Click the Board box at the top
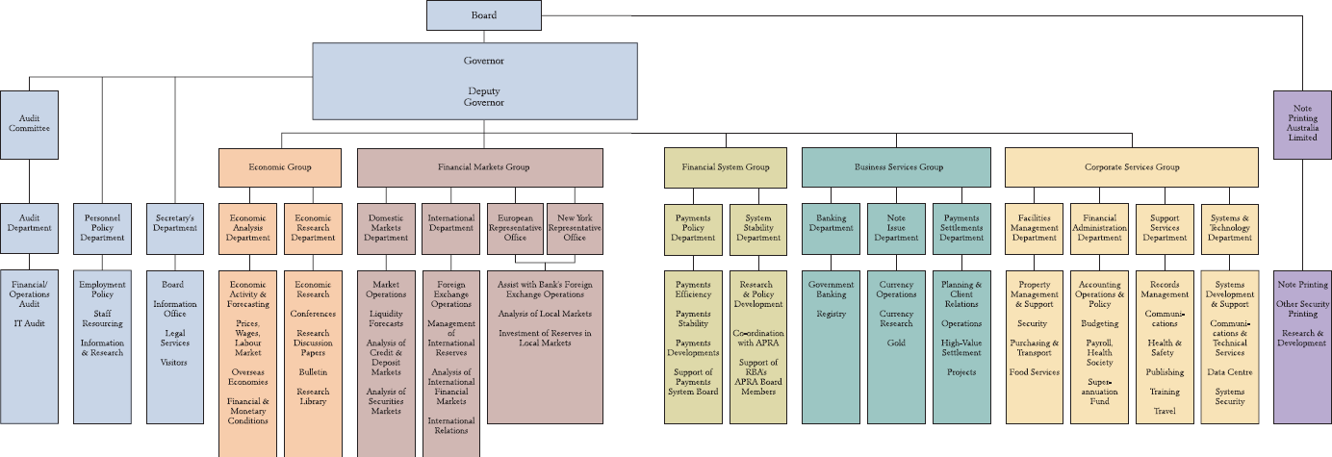tap(483, 14)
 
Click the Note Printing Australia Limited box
tap(1302, 123)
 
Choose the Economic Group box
tap(280, 167)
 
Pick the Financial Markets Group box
tap(480, 167)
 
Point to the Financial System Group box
tap(725, 167)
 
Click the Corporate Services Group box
tap(1131, 167)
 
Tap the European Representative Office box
tap(516, 228)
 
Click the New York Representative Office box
tap(575, 228)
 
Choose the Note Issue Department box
tap(896, 228)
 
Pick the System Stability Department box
tap(757, 228)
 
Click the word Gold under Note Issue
tap(896, 343)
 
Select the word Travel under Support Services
tap(1165, 411)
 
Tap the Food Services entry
tap(1034, 371)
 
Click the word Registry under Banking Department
tap(831, 314)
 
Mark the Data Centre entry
tap(1229, 371)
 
